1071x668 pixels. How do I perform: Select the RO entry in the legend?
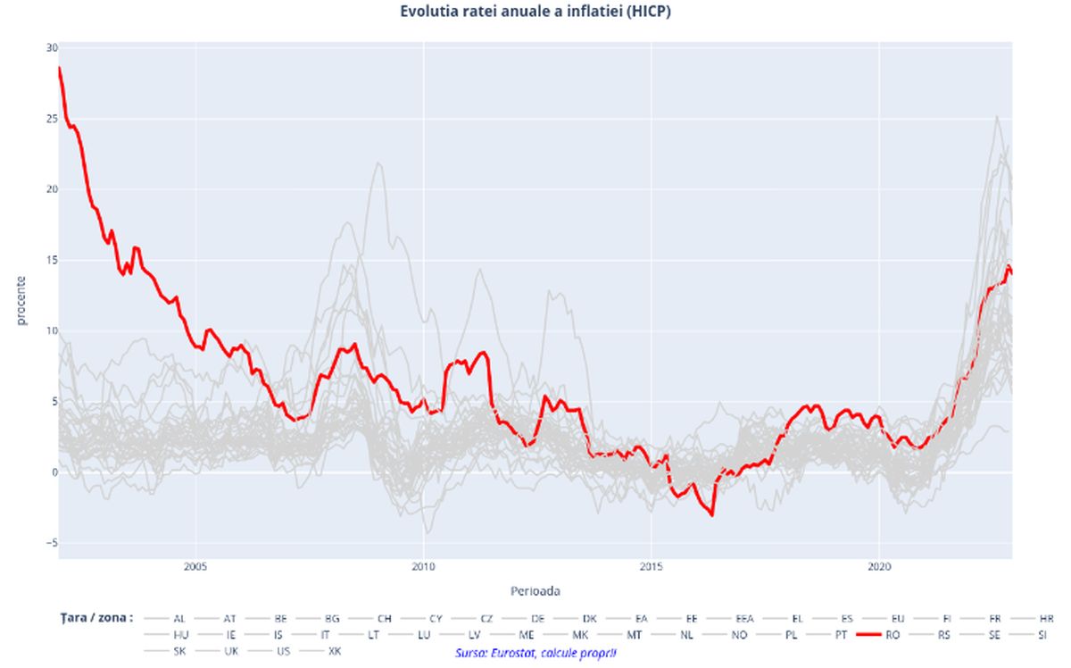892,635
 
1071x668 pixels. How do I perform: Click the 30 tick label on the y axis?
52,47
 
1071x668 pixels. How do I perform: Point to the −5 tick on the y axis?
51,543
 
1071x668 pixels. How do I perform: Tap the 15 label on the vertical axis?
52,260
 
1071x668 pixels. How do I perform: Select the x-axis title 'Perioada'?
535,590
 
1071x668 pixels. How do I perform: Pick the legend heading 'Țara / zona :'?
93,617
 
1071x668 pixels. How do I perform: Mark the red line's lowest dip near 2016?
711,514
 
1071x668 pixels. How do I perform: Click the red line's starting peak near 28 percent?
60,68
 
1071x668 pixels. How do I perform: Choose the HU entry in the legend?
180,635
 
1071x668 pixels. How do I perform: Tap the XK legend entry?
335,652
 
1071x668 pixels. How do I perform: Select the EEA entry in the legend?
744,618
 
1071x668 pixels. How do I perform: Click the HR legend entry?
1046,618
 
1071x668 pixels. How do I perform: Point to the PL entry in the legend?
791,635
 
